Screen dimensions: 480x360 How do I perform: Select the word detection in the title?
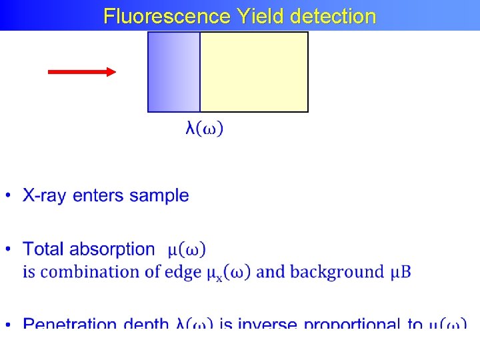(x=333, y=16)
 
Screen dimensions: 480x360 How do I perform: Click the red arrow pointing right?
(x=82, y=72)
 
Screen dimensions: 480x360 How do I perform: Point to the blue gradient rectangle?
(x=173, y=72)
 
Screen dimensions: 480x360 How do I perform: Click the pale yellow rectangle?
(x=254, y=72)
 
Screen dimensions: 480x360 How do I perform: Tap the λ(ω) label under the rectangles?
(x=205, y=128)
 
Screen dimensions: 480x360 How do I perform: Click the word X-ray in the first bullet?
(x=45, y=196)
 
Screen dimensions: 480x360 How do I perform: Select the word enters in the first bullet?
(x=99, y=196)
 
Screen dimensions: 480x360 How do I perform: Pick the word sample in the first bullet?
(x=159, y=196)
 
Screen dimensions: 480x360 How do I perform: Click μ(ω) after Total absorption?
(x=187, y=250)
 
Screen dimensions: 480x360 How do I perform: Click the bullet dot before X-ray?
(x=8, y=197)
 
